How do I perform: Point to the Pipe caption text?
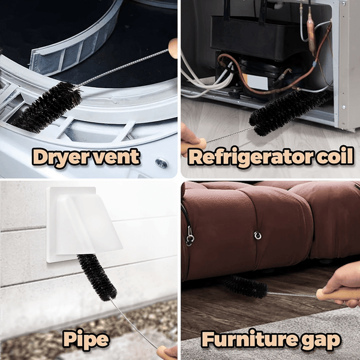tap(86, 340)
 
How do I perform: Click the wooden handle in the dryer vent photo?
tap(174, 47)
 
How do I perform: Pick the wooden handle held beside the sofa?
tap(336, 295)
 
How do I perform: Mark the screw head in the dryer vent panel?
tap(161, 163)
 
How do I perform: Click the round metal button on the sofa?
tap(257, 235)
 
